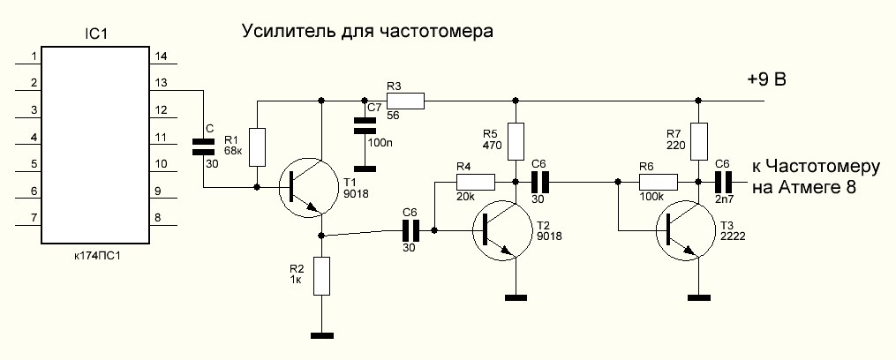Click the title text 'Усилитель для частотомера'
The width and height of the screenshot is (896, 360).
pyautogui.click(x=366, y=33)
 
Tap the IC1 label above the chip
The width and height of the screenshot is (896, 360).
pyautogui.click(x=94, y=35)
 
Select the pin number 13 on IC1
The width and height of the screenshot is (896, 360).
pyautogui.click(x=160, y=82)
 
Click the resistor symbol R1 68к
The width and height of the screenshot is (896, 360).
pyautogui.click(x=257, y=146)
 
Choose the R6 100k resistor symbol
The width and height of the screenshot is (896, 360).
pyautogui.click(x=659, y=183)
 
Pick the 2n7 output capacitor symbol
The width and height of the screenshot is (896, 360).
pyautogui.click(x=724, y=183)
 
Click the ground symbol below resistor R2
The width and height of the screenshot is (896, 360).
pyautogui.click(x=322, y=334)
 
